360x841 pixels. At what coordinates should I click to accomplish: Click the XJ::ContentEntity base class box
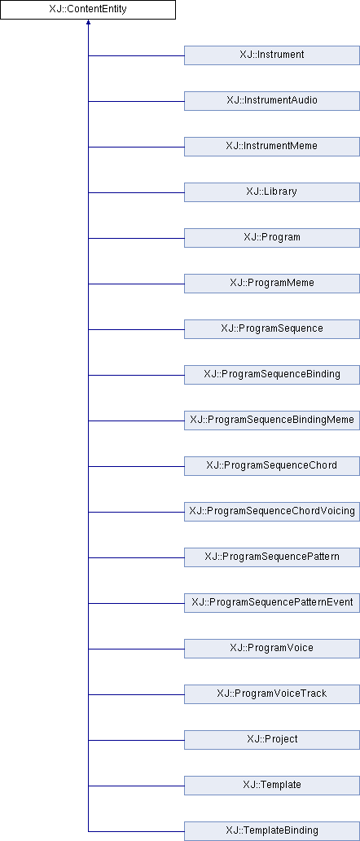coord(88,10)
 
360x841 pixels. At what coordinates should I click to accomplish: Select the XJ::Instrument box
coord(272,55)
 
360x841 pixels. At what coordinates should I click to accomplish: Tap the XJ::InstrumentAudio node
coord(272,101)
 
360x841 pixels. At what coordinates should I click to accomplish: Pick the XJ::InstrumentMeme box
coord(272,147)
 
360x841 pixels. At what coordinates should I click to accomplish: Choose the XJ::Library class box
coord(272,192)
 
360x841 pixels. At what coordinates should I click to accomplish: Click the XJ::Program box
coord(272,238)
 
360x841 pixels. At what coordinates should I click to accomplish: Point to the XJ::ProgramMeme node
coord(272,284)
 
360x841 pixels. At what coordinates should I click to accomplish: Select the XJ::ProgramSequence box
coord(272,328)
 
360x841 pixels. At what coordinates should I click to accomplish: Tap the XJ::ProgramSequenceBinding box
coord(272,374)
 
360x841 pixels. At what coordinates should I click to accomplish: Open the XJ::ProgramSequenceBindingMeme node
coord(272,420)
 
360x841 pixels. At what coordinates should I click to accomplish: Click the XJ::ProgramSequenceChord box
coord(272,465)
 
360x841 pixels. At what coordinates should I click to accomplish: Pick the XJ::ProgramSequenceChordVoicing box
coord(272,511)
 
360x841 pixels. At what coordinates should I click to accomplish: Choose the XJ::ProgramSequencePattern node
coord(272,557)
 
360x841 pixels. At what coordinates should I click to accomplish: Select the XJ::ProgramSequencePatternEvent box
coord(272,602)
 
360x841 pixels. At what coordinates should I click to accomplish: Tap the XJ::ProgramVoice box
coord(272,648)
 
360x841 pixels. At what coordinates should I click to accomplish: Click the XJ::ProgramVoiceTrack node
coord(272,693)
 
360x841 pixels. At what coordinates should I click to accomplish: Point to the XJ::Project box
coord(272,739)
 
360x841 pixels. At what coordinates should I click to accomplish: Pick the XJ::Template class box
coord(272,785)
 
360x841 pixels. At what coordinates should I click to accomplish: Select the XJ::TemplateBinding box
coord(272,830)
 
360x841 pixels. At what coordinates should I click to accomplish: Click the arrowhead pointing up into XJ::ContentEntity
coord(88,23)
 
